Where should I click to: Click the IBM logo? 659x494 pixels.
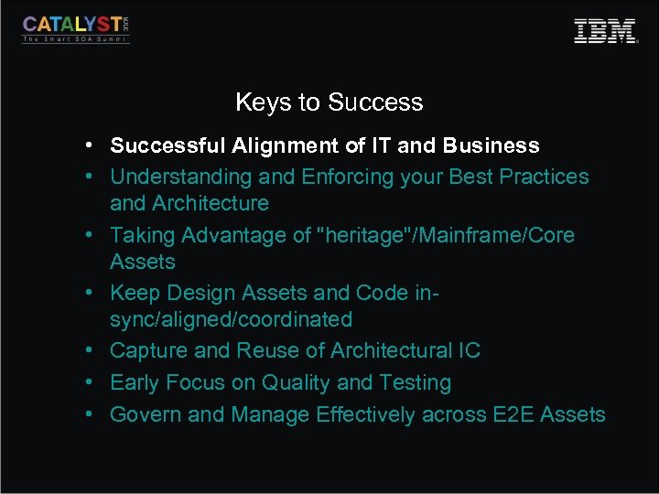tap(605, 31)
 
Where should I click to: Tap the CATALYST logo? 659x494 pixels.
tap(76, 28)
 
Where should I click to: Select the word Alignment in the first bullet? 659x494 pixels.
tap(277, 145)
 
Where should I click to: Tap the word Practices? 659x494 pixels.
tap(544, 177)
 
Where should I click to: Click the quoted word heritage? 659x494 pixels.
tap(364, 235)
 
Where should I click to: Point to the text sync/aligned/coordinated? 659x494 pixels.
tap(231, 319)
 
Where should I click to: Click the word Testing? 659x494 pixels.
tap(415, 382)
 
